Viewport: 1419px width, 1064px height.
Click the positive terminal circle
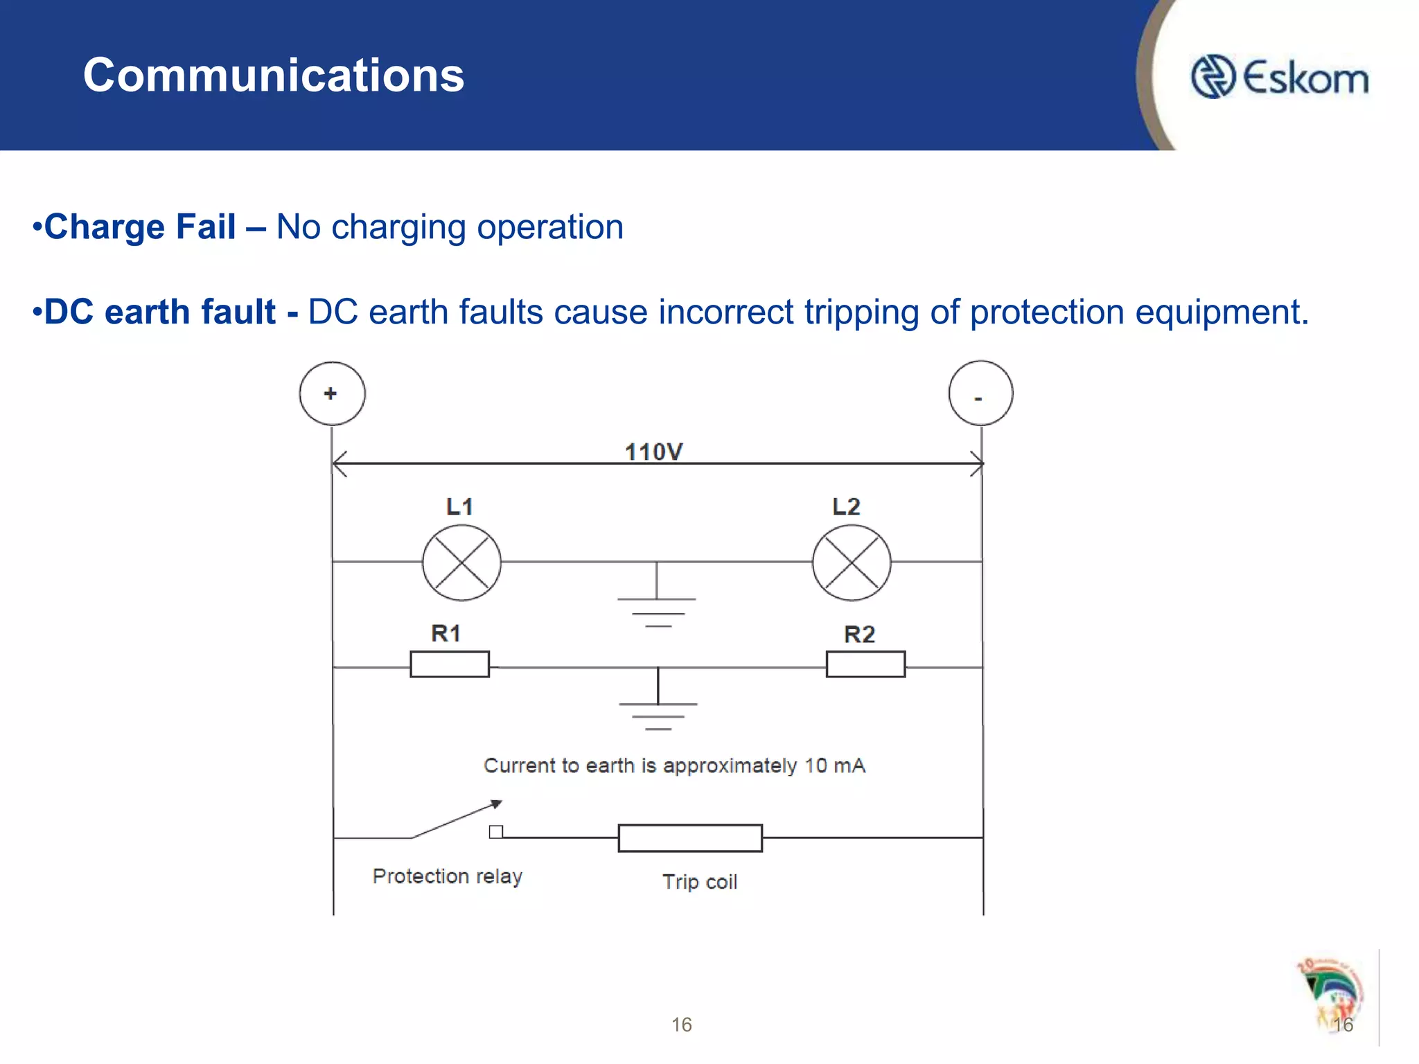tap(332, 393)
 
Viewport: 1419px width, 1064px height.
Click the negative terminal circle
tap(980, 393)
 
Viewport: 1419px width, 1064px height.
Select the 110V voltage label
tap(653, 452)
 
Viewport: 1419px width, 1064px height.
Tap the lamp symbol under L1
tap(461, 562)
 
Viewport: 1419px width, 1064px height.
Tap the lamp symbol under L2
tap(852, 562)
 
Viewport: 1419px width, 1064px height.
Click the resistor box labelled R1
tap(450, 664)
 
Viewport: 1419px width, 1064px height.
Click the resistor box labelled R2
tap(865, 664)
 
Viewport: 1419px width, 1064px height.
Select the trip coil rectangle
tap(690, 837)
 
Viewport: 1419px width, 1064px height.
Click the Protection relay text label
tap(447, 876)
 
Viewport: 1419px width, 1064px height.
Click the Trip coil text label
tap(699, 882)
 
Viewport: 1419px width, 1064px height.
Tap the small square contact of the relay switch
tap(496, 832)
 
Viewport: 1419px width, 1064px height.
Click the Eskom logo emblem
tap(1213, 77)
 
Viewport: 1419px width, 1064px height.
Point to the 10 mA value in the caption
tap(835, 765)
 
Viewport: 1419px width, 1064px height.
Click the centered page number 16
tap(681, 1025)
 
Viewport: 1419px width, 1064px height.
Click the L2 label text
tap(846, 506)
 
